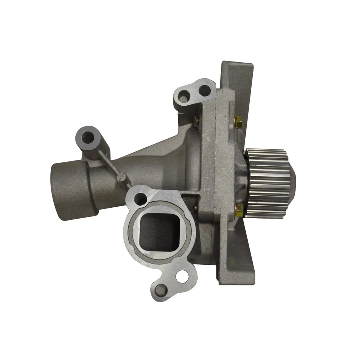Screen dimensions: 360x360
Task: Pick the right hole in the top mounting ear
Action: point(204,89)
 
